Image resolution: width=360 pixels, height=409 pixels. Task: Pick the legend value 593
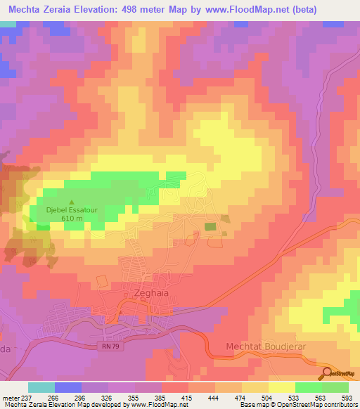(347, 398)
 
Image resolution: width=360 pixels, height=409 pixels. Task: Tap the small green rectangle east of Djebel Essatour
(210, 226)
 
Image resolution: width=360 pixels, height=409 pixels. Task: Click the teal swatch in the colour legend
(41, 387)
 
